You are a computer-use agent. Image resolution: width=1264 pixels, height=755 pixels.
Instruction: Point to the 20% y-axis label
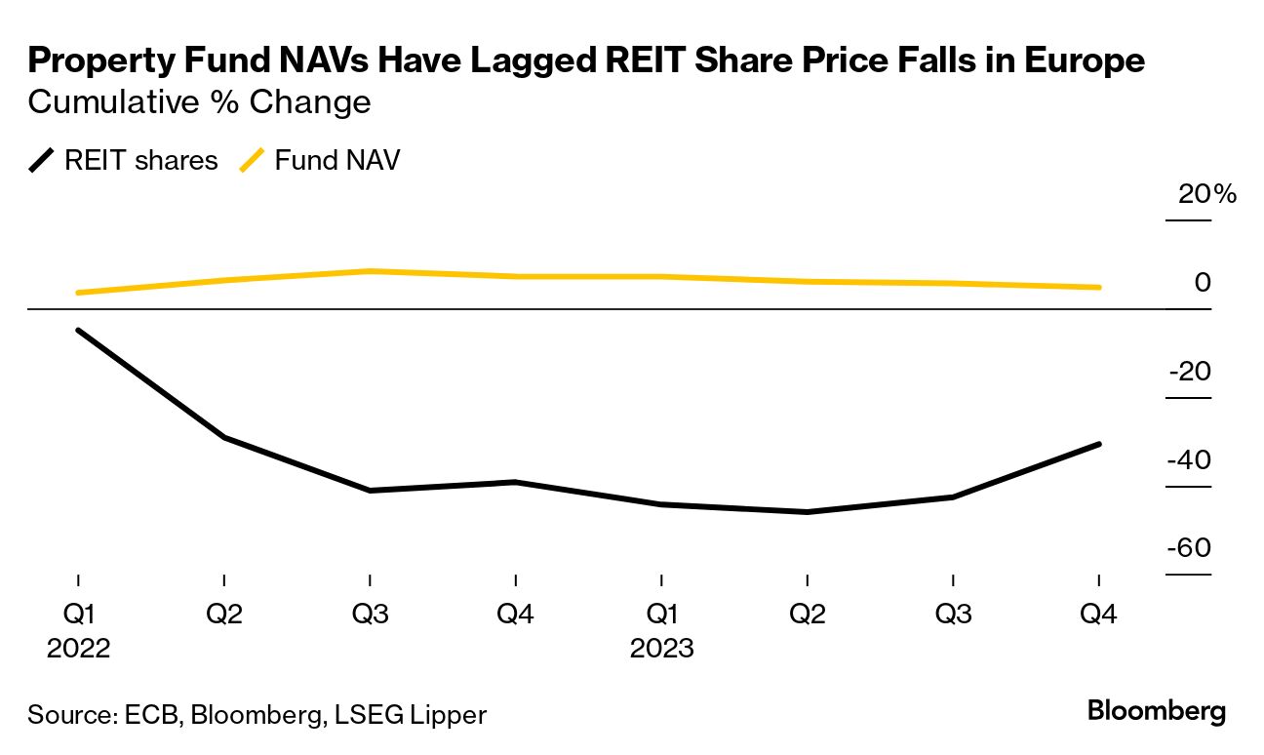point(1206,194)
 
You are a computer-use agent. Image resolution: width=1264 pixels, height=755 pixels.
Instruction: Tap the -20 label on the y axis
point(1188,372)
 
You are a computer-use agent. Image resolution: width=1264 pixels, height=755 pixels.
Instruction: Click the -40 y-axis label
point(1188,460)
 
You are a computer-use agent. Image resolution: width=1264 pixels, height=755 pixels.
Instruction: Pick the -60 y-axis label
point(1188,548)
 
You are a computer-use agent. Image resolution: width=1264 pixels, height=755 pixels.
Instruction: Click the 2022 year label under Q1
point(79,649)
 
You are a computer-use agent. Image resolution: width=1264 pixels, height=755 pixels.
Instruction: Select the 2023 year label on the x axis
point(662,649)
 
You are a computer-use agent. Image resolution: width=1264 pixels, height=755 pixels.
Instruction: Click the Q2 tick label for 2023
point(808,616)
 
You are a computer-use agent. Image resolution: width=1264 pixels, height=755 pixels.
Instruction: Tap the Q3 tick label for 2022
point(370,616)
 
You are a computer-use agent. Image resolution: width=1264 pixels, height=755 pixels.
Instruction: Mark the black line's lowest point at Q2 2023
point(808,511)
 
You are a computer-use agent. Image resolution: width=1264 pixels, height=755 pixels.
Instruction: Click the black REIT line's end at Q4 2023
point(1099,444)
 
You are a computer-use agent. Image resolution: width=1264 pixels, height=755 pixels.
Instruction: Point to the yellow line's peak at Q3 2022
point(370,270)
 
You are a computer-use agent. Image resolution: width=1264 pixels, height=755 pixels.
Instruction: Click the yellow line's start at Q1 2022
point(78,293)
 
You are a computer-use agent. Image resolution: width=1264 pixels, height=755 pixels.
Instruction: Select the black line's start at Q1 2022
point(78,331)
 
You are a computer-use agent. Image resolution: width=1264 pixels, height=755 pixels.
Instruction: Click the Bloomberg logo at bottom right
point(1157,711)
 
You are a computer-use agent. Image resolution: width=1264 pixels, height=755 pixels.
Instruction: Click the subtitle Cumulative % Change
point(200,101)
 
